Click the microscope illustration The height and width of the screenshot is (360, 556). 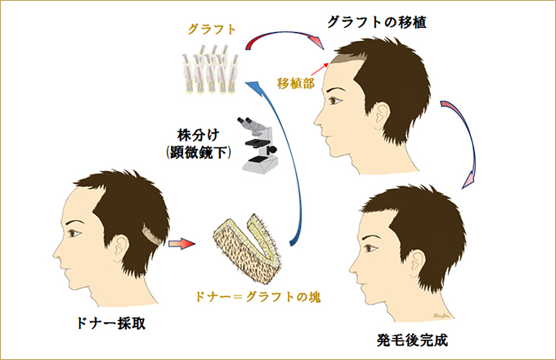click(258, 145)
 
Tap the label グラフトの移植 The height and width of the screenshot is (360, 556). click(377, 22)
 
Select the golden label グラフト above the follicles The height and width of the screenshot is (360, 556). click(212, 29)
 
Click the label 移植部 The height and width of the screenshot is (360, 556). click(295, 83)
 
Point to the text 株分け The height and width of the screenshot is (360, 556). click(198, 135)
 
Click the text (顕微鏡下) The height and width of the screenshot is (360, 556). click(199, 152)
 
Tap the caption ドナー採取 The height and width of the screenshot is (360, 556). click(110, 323)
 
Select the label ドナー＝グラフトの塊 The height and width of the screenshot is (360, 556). click(258, 296)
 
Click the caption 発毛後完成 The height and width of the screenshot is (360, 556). click(412, 340)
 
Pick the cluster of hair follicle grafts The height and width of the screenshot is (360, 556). click(211, 69)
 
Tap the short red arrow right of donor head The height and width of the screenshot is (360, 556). click(182, 244)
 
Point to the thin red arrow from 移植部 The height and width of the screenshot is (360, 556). click(321, 70)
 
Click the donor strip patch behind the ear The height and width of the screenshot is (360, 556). click(152, 235)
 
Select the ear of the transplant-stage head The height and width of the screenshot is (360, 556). click(382, 115)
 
